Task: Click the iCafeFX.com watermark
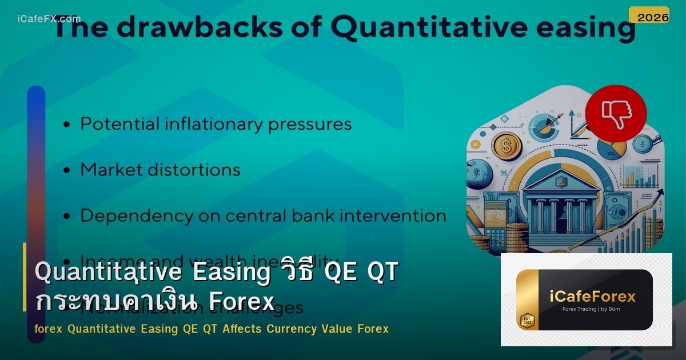(x=49, y=19)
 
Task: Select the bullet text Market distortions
(x=160, y=170)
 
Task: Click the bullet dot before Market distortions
(x=67, y=171)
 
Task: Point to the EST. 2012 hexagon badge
(x=527, y=320)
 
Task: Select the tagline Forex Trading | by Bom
(x=592, y=310)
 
